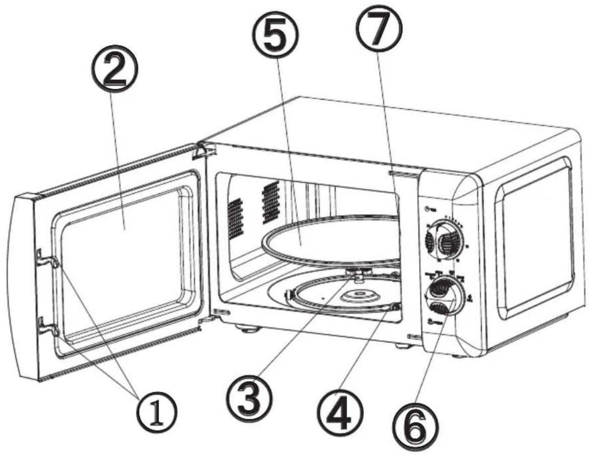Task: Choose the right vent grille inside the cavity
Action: [271, 201]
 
